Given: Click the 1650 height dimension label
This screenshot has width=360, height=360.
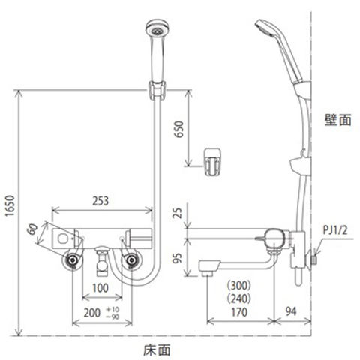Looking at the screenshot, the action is point(10,205).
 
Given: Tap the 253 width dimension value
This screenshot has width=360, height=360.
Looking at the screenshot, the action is point(100,201).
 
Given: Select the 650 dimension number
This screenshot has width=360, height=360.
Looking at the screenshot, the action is point(179,129).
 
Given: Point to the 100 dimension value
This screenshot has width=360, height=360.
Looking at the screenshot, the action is point(100,288).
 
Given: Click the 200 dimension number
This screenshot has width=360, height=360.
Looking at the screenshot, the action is point(92,313).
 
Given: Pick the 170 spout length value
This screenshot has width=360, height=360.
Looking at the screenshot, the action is point(239,312).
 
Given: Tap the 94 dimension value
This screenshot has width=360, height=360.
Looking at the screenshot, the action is point(291,311).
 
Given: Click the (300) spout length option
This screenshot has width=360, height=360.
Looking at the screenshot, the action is point(239,285).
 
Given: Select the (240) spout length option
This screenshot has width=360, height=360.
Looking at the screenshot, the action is point(239,298).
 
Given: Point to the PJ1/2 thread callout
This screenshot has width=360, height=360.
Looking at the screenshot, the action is point(335,230).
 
